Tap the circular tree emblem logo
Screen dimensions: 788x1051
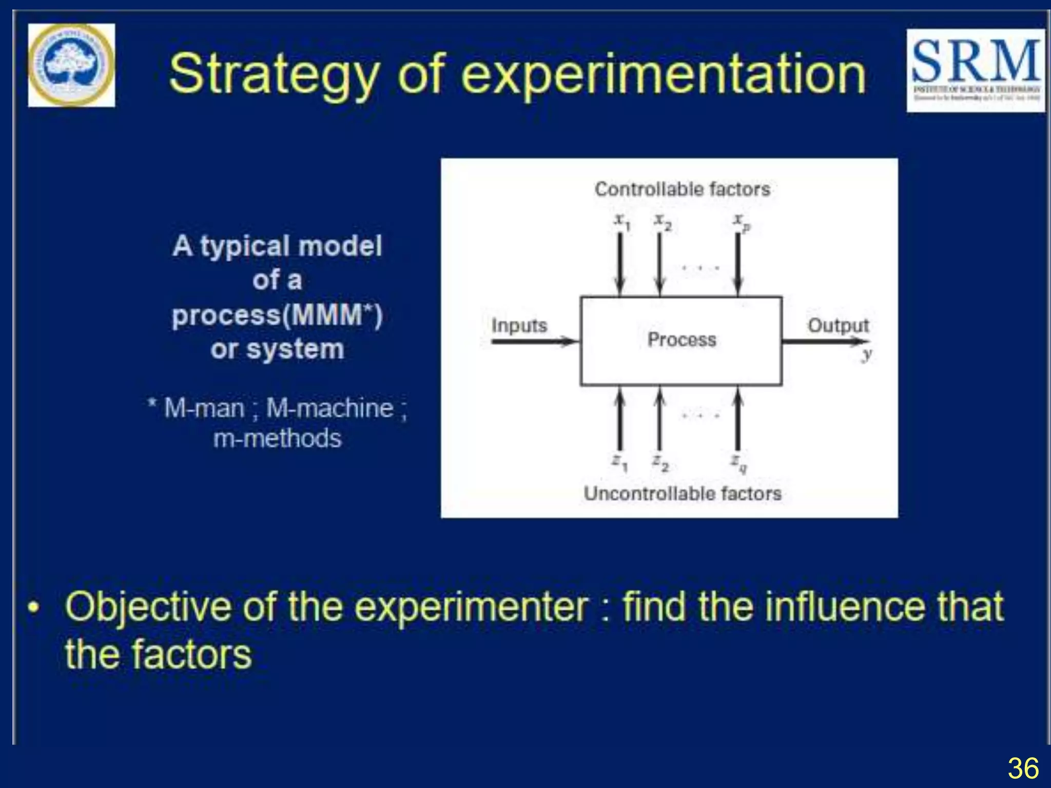pyautogui.click(x=71, y=65)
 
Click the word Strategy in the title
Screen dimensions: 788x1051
pyautogui.click(x=274, y=75)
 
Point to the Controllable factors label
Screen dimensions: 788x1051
pyautogui.click(x=682, y=189)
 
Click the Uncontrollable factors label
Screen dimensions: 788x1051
pyautogui.click(x=682, y=494)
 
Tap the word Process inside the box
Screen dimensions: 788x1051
pyautogui.click(x=682, y=340)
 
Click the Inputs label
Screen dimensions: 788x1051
pyautogui.click(x=519, y=325)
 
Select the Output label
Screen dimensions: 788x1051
pyautogui.click(x=838, y=325)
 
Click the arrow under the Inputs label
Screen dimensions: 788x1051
pyautogui.click(x=534, y=341)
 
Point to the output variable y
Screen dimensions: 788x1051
pyautogui.click(x=866, y=354)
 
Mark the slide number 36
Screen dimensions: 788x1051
pyautogui.click(x=1023, y=769)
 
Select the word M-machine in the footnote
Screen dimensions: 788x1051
pyautogui.click(x=330, y=409)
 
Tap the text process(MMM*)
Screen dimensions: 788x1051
pyautogui.click(x=277, y=315)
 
